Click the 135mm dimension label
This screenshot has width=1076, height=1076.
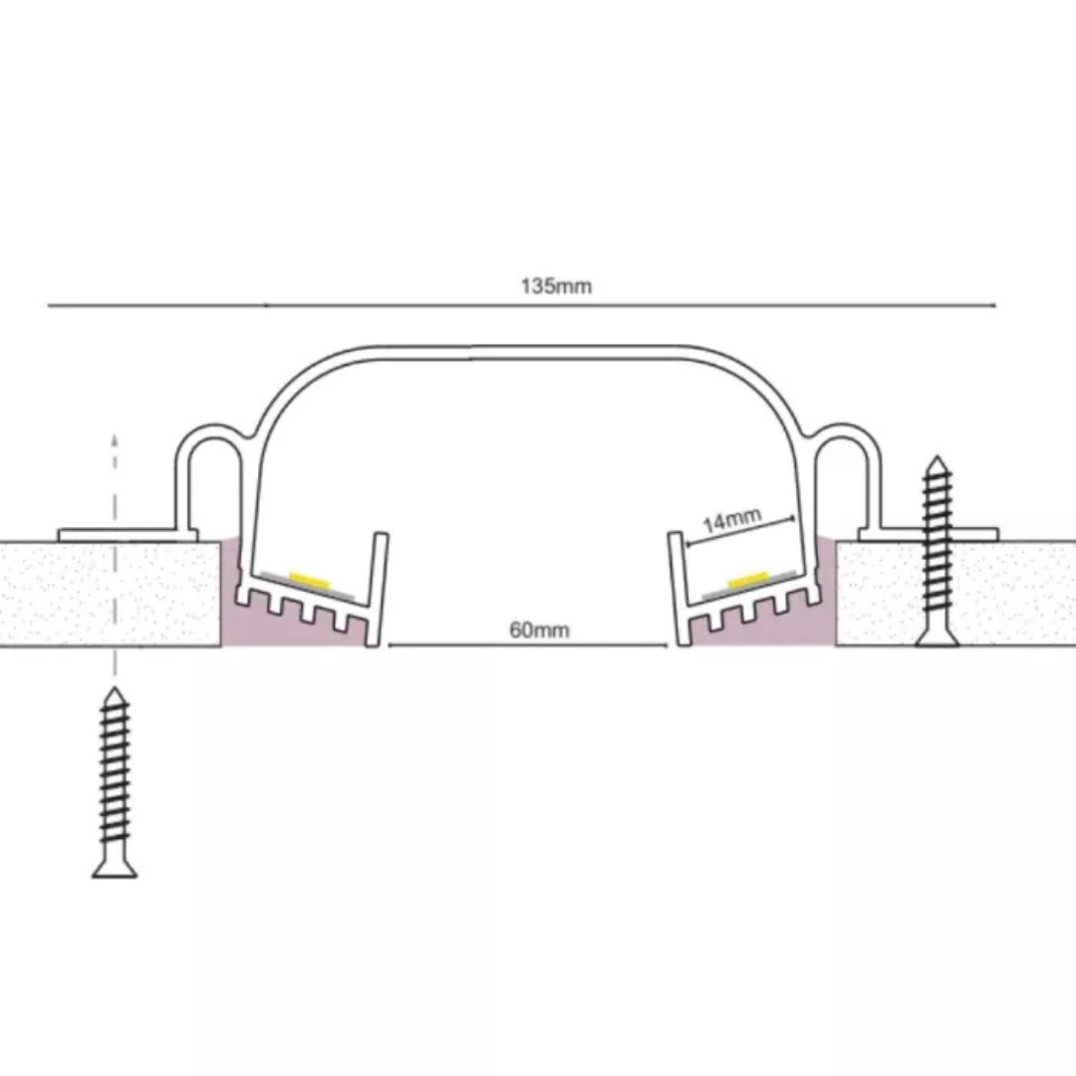click(x=556, y=286)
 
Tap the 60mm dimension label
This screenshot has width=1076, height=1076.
click(x=539, y=630)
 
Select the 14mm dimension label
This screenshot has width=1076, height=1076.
click(x=732, y=521)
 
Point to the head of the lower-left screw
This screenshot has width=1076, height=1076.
click(x=115, y=868)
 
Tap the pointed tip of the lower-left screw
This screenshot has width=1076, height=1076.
click(x=115, y=689)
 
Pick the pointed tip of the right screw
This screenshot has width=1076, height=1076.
click(x=938, y=458)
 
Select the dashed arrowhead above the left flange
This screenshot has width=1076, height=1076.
click(x=115, y=439)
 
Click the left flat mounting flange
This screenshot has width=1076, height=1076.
click(x=128, y=535)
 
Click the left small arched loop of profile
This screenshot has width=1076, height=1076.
click(x=208, y=446)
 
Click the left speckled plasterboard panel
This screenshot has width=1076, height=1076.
click(x=110, y=594)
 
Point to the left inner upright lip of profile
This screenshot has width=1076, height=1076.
click(x=378, y=589)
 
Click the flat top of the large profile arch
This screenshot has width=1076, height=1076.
click(x=528, y=353)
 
